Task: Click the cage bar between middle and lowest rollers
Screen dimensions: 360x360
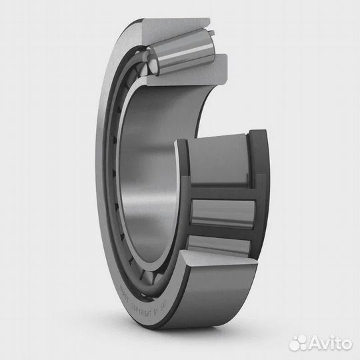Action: pyautogui.click(x=223, y=233)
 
